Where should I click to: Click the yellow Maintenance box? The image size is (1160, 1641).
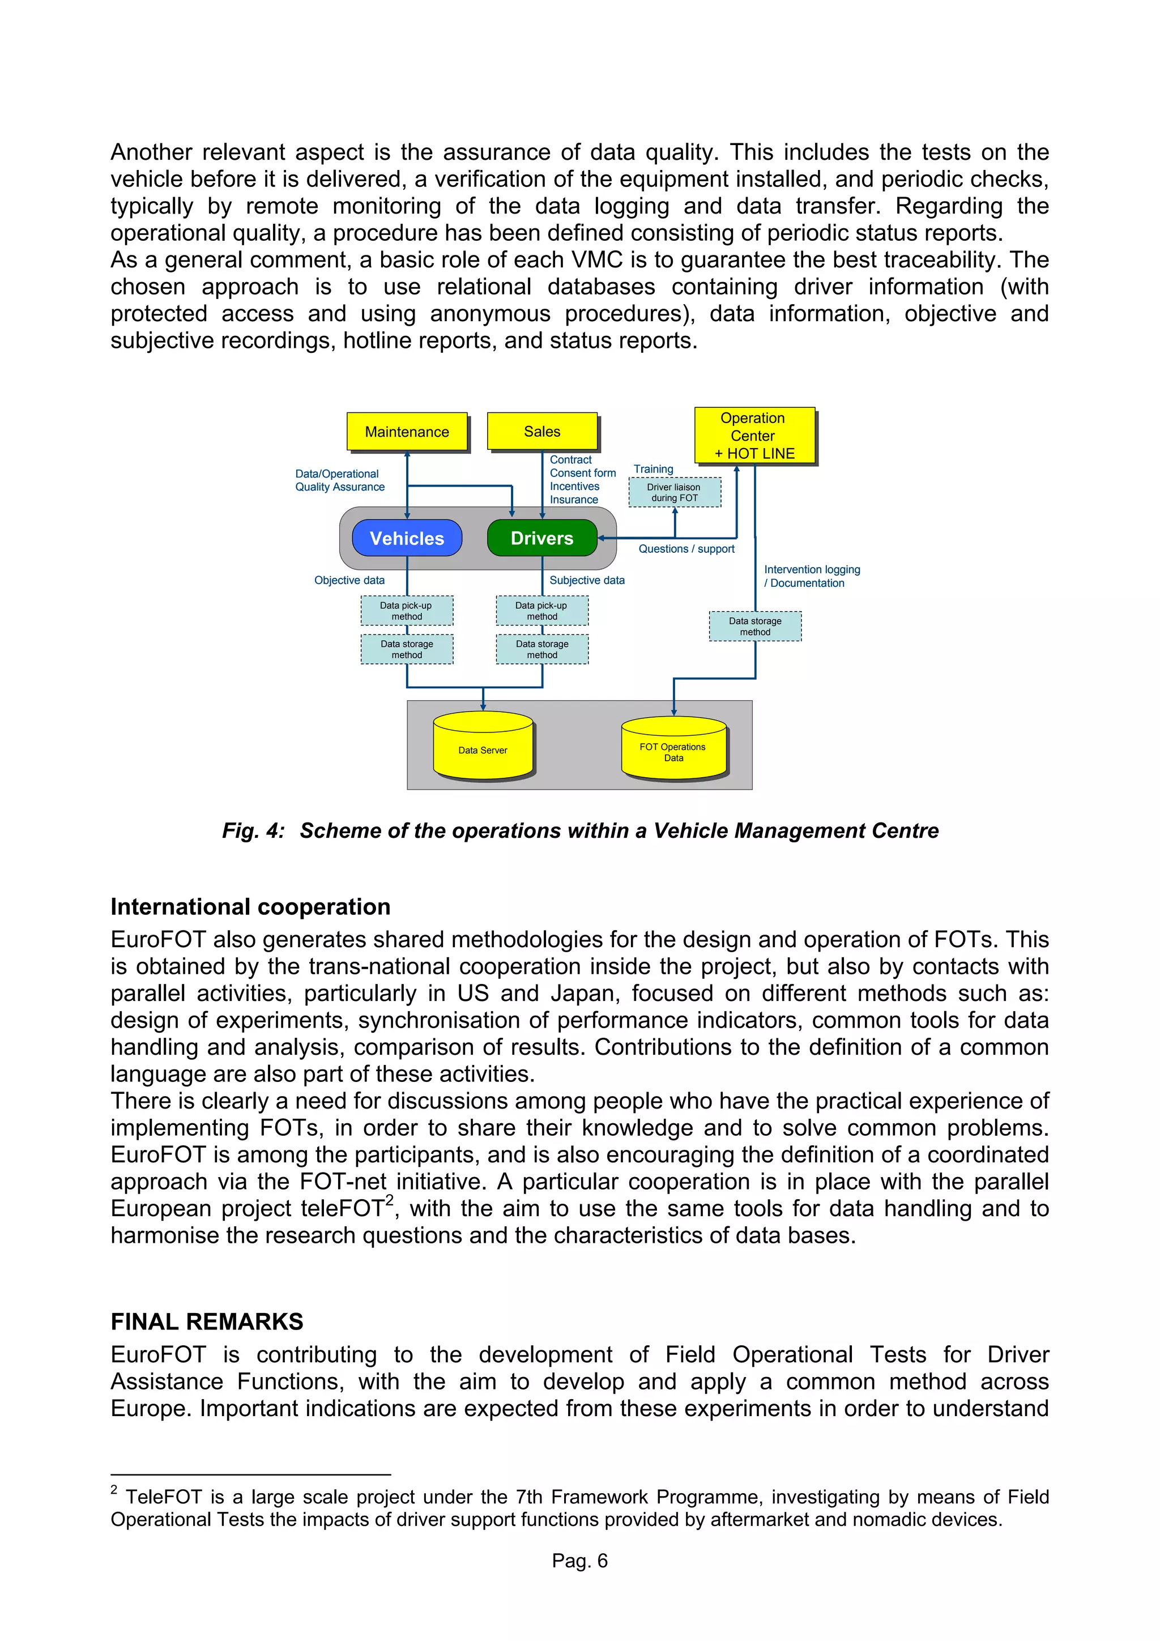407,432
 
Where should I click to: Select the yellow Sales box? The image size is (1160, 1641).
541,431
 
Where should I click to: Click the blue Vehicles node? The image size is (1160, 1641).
407,538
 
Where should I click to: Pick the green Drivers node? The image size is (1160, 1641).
541,538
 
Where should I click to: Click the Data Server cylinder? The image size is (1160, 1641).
483,749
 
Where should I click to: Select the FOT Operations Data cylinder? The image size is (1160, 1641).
673,751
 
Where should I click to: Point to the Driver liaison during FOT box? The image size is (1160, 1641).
674,492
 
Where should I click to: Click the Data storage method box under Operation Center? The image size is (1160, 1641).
755,626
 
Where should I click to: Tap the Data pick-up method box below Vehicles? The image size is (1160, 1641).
406,611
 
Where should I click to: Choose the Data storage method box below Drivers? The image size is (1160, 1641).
541,649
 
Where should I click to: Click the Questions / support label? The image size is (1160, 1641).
686,549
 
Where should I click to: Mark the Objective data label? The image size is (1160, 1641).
349,581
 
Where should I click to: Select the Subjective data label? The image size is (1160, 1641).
587,581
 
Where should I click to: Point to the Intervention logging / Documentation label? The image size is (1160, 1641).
811,576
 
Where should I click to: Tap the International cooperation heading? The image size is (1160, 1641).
250,906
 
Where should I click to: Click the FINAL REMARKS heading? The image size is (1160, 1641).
207,1322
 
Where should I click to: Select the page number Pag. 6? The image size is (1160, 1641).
579,1560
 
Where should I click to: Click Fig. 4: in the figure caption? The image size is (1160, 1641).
253,830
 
